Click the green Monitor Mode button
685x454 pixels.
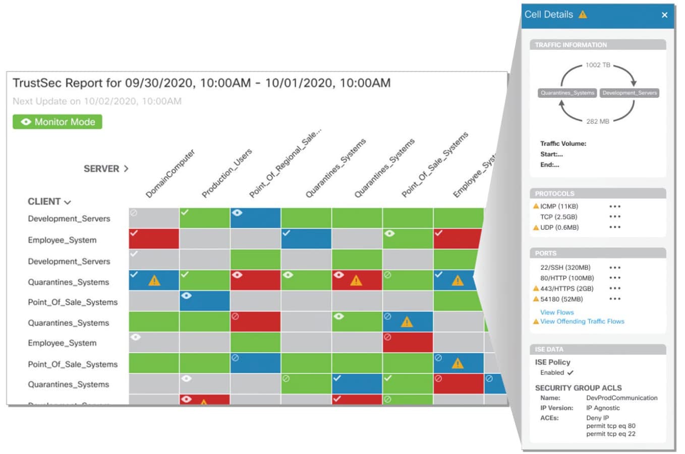(x=58, y=122)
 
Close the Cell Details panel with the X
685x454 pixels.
(x=664, y=15)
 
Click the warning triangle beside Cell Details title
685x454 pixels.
(x=583, y=15)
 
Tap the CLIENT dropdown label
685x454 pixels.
(x=49, y=202)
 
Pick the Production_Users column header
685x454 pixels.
(x=226, y=173)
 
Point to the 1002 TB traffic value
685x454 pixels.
(x=598, y=65)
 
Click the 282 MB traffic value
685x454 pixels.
(x=598, y=121)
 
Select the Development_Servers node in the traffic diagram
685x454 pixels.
(x=630, y=93)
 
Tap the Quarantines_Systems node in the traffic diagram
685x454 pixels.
(x=567, y=93)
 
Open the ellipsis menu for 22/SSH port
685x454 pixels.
(x=614, y=268)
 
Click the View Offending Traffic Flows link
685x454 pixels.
(x=582, y=321)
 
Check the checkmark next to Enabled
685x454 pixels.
(x=570, y=373)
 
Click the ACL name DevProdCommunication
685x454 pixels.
(x=621, y=398)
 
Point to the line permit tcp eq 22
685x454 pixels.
(x=610, y=434)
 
